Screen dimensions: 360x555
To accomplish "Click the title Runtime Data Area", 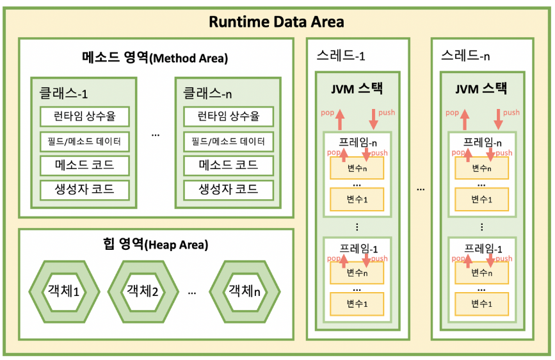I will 277,22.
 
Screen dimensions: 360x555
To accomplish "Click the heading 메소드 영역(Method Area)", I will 155,57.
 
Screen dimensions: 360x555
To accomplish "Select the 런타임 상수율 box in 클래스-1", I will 84,117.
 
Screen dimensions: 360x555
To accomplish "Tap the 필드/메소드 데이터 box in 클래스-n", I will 228,141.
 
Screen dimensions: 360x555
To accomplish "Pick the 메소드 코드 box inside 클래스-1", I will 84,165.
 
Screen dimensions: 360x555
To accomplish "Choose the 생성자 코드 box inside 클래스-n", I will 228,190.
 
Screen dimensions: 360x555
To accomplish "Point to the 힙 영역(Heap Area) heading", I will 155,244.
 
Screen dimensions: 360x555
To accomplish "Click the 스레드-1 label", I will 341,55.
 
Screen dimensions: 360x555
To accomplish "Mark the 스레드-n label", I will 465,55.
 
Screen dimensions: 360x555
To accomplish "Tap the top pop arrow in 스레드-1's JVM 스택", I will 339,118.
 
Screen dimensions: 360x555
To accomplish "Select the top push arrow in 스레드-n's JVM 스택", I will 498,118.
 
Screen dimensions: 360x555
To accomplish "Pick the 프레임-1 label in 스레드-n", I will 482,249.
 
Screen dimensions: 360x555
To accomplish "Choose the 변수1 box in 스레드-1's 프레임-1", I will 357,303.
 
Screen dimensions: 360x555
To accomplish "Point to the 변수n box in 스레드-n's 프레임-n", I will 481,168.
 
